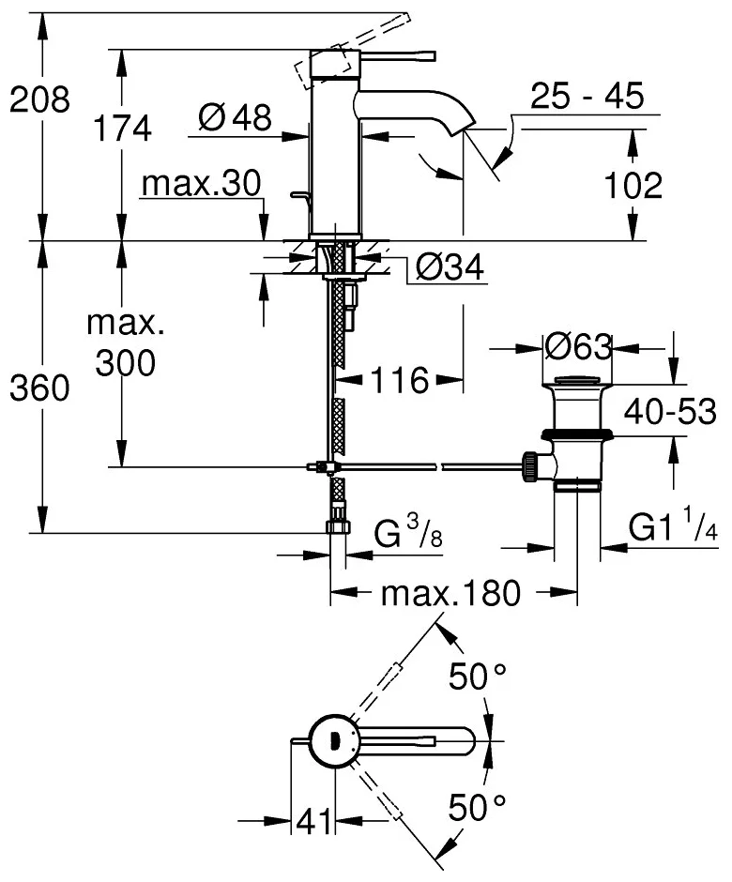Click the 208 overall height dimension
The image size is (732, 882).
[40, 99]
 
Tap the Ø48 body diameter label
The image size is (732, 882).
[236, 117]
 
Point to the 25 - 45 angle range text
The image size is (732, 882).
[587, 96]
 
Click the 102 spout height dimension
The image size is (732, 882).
[633, 185]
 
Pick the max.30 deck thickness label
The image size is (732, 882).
[200, 184]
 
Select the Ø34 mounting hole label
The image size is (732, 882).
[448, 269]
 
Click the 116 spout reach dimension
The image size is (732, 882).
[398, 380]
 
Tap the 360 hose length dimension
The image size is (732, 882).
[40, 388]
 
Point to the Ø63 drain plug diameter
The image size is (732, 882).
[578, 347]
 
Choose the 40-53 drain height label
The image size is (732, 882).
[672, 411]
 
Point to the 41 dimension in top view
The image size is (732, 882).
[315, 822]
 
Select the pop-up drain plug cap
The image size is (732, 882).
[579, 382]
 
